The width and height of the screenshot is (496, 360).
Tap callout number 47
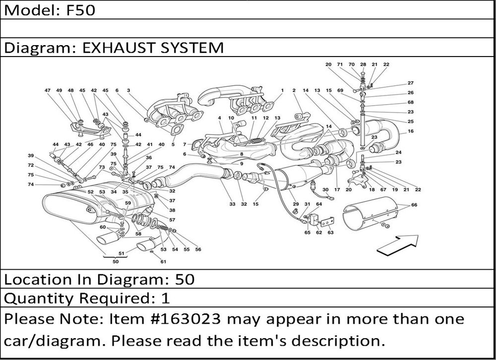pos(48,91)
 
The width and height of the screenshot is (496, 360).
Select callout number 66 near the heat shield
pos(414,204)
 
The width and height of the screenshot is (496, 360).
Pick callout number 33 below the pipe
pos(232,204)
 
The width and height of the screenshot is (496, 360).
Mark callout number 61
pos(164,262)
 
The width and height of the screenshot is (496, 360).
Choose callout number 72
pos(31,165)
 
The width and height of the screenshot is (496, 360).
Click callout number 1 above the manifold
pos(282,91)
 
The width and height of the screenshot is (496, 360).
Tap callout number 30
pos(325,190)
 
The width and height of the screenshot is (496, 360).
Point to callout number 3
pos(128,91)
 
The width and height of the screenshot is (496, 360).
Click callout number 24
pos(399,152)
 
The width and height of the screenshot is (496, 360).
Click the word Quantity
pos(34,299)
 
